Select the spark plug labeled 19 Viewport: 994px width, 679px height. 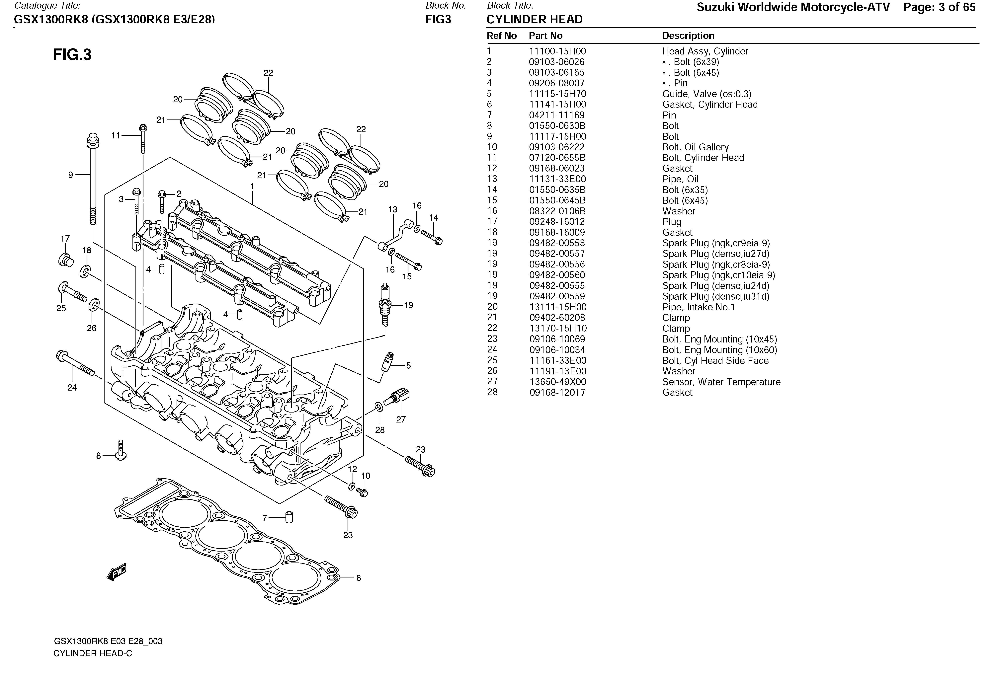coord(385,304)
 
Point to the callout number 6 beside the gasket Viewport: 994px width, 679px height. coord(358,578)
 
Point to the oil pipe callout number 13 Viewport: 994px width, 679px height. coord(392,209)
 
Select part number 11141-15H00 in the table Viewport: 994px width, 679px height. coord(557,104)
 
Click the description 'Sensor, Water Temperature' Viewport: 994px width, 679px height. coord(721,382)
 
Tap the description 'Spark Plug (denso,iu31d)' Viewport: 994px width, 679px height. coord(715,296)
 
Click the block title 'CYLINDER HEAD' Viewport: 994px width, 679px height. coord(534,20)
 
